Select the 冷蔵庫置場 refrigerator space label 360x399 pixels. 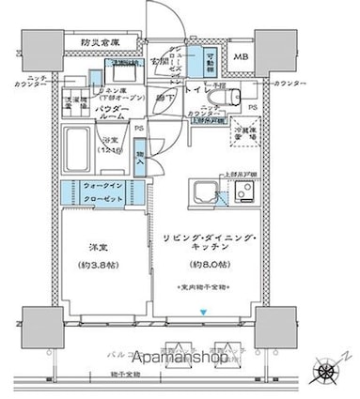246,134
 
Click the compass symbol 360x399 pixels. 329,370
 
